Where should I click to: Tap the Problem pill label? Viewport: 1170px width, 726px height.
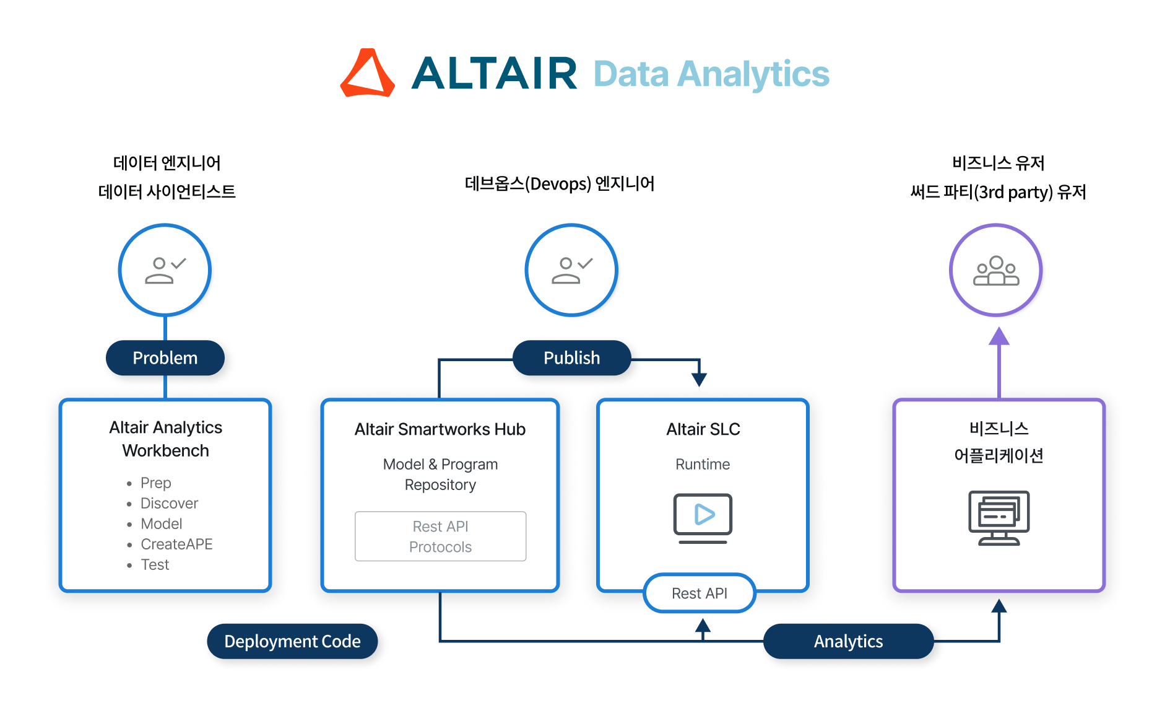165,358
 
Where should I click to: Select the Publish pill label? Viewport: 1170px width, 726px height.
571,358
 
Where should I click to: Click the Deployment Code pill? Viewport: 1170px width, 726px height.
292,641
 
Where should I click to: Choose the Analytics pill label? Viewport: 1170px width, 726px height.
848,641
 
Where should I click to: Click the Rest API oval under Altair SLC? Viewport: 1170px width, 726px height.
700,593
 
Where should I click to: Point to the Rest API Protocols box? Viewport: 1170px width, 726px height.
440,536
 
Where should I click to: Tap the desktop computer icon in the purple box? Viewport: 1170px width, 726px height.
999,518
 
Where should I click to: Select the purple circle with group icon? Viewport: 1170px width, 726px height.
995,270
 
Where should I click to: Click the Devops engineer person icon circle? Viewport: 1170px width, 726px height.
571,270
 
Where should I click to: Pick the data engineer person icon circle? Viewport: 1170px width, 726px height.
165,270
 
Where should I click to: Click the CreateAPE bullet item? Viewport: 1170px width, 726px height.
176,544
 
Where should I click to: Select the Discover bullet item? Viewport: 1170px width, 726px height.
169,503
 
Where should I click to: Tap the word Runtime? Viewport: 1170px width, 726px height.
703,464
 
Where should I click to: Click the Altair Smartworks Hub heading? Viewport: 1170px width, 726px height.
440,429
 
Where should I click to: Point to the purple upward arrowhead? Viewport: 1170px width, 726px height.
999,336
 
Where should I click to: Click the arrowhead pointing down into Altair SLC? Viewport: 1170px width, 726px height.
700,379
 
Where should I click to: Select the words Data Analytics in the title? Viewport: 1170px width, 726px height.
711,74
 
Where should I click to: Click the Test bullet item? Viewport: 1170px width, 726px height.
155,564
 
